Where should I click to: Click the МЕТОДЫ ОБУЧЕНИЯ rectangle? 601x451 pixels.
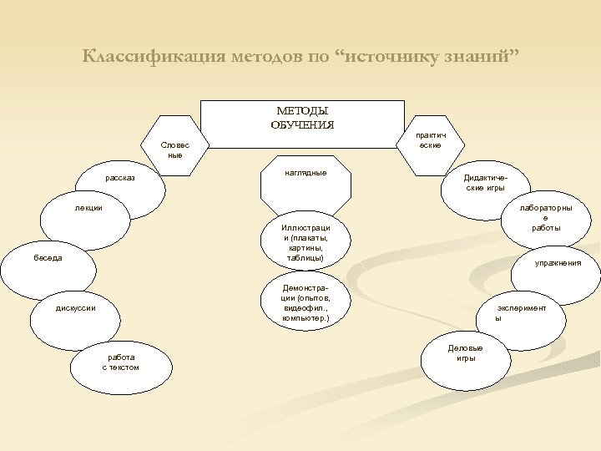tap(302, 124)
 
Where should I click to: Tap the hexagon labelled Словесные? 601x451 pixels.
tap(174, 149)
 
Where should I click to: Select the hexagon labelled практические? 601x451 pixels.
tap(430, 140)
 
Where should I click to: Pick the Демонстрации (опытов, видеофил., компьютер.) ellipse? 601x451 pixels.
tap(306, 302)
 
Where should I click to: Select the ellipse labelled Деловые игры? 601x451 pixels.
tap(465, 356)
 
